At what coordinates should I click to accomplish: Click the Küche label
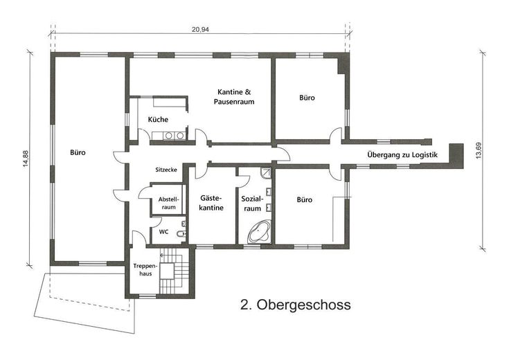(x=158, y=120)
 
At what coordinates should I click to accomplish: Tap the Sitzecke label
(x=168, y=169)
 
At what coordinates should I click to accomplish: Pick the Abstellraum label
(x=168, y=201)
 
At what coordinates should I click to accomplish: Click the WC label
(x=163, y=232)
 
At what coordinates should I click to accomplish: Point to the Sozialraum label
(x=251, y=203)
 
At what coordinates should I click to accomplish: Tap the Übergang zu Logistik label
(x=402, y=154)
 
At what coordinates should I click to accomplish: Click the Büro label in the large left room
(x=78, y=152)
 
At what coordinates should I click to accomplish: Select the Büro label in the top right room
(x=307, y=98)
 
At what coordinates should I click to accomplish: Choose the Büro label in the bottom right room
(x=304, y=199)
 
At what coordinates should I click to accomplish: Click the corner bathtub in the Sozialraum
(x=260, y=231)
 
